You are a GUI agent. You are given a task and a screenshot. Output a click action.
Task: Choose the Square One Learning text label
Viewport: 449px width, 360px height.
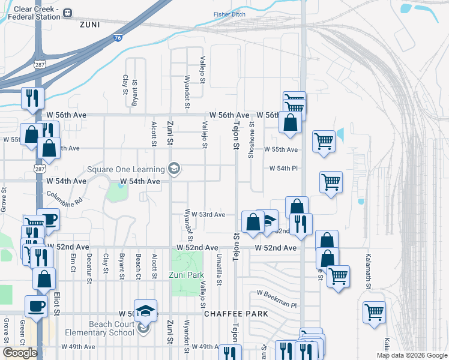click(126, 169)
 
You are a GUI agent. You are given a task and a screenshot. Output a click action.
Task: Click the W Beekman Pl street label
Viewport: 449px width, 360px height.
click(277, 293)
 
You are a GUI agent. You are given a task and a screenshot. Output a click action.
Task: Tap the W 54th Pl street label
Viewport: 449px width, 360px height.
click(283, 169)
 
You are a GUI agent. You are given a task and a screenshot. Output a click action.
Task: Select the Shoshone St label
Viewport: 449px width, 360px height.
click(252, 140)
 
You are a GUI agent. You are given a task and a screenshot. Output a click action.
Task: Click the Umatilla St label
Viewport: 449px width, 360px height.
click(220, 267)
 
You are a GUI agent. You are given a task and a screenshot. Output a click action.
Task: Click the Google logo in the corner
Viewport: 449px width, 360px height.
click(20, 353)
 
